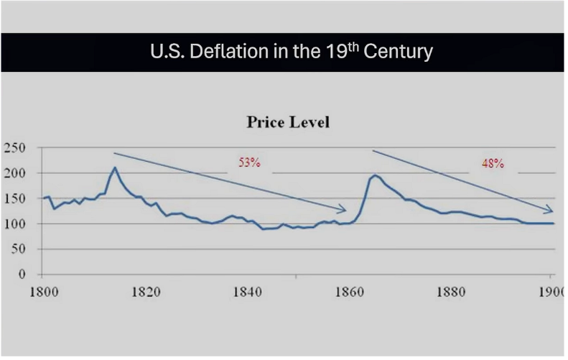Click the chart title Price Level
pos(288,121)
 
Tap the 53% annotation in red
pos(249,162)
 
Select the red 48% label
pos(493,164)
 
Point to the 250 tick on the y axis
pos(14,148)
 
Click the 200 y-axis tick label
pos(14,173)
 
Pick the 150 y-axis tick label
pos(14,198)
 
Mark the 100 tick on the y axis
pos(14,223)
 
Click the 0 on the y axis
pos(22,274)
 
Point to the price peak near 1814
pos(114,168)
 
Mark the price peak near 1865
pos(376,175)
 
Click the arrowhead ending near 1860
pos(344,210)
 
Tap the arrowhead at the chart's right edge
pos(551,211)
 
